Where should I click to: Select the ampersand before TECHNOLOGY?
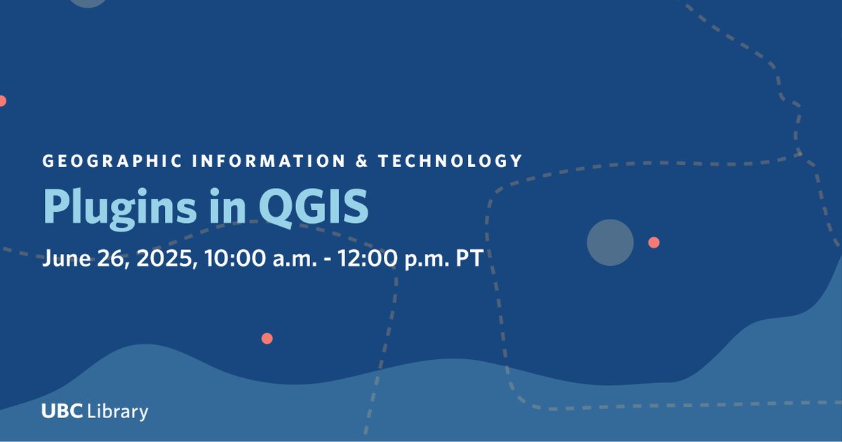[x=362, y=161]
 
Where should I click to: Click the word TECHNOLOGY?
[x=450, y=161]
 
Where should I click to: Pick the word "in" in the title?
[x=224, y=206]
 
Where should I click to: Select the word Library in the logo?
[x=118, y=411]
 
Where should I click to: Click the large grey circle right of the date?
[x=610, y=242]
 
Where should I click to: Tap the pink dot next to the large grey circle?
[x=653, y=242]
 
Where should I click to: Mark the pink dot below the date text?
[x=267, y=338]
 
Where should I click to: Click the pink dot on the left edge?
[x=2, y=101]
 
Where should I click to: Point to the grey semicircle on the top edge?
[x=88, y=3]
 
